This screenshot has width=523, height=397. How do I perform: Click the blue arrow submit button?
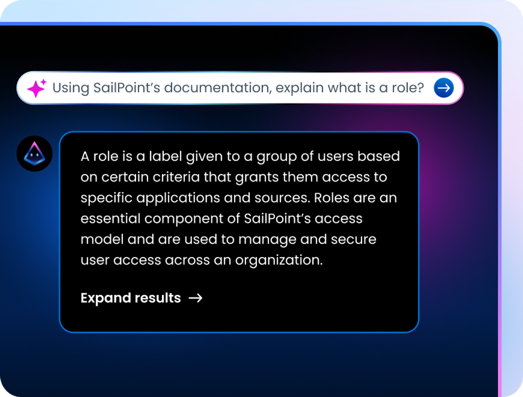point(444,88)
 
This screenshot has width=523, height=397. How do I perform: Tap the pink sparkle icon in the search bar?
point(37,88)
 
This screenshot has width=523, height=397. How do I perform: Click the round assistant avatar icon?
point(35,153)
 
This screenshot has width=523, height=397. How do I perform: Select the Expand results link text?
point(131,298)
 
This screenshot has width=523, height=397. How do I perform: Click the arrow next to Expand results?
point(195,298)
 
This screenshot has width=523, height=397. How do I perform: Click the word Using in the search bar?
point(71,88)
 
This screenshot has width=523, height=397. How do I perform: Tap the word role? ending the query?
point(408,88)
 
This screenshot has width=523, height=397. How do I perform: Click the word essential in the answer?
point(110,219)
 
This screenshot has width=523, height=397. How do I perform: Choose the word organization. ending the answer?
point(279,261)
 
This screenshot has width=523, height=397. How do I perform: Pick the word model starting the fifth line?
point(102,240)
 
